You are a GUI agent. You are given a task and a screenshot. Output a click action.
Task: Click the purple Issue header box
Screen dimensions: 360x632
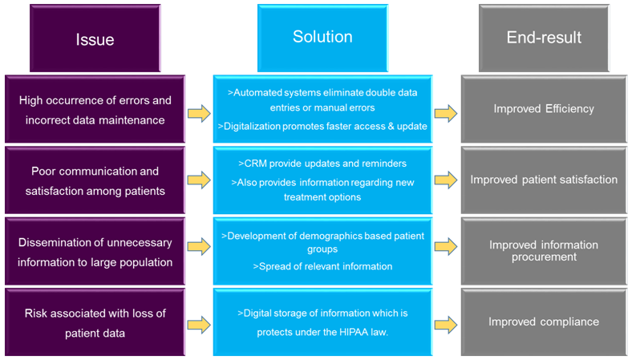coord(95,38)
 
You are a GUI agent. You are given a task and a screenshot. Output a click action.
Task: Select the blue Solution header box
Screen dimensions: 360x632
coord(322,38)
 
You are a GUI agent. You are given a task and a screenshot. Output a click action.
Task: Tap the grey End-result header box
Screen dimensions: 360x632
coord(544,38)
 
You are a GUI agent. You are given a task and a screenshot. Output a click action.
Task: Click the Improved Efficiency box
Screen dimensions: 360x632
coord(544,108)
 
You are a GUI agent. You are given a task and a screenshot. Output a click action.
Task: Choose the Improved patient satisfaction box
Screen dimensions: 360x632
coord(544,180)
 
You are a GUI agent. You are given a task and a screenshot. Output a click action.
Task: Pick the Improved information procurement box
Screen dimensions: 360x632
coord(544,251)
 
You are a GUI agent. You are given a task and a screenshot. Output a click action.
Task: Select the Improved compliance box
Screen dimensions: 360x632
coord(544,322)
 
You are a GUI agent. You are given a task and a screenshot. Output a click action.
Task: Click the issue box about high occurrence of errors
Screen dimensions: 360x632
coord(95,109)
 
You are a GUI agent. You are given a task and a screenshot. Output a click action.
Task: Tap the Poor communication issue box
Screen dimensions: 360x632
coord(95,180)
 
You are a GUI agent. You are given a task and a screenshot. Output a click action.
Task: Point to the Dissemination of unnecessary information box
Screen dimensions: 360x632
coord(95,251)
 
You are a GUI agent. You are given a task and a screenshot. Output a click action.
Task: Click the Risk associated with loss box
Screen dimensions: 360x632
coord(95,322)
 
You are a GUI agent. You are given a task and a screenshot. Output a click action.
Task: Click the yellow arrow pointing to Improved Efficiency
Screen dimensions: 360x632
coord(446,115)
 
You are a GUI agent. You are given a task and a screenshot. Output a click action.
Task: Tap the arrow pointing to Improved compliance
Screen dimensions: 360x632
coord(446,325)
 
